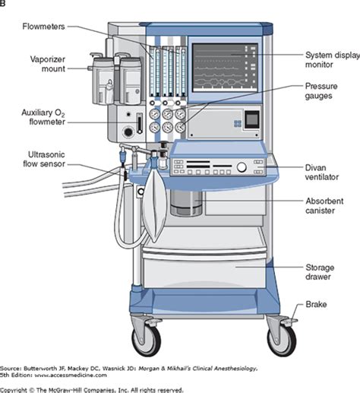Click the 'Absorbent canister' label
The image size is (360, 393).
point(327,207)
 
